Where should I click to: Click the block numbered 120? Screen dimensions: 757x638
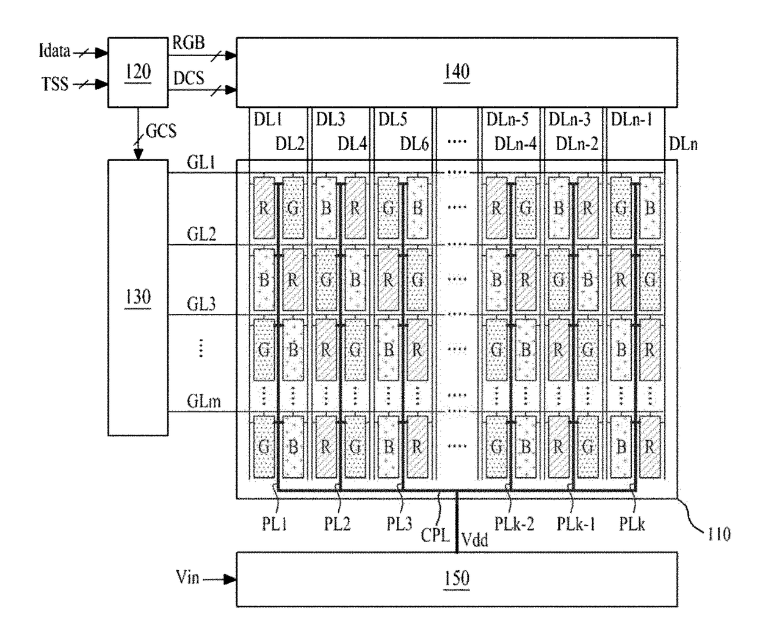coord(138,72)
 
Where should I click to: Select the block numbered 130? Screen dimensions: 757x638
coord(138,297)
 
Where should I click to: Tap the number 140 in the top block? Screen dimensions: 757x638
coord(457,71)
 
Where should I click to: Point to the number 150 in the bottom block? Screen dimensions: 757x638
coord(457,578)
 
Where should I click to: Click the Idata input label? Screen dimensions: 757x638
coord(54,51)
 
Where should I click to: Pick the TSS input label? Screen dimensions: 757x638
coord(55,84)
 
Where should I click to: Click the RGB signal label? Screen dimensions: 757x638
coord(189,43)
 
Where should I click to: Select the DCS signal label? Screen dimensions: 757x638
coord(189,78)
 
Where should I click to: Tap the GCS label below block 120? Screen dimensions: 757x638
coord(161,131)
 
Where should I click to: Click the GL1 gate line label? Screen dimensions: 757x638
coord(201,162)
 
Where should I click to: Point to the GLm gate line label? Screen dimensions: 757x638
coord(204,401)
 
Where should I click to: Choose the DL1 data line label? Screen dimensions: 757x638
coord(268,119)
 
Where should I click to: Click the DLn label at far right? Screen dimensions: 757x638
coord(683,144)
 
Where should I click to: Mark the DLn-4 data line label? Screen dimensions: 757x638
coord(515,144)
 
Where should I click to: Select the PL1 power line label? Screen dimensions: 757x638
coord(275,524)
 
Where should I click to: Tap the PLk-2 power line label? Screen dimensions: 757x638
coord(514,524)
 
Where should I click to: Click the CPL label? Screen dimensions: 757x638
coord(435,535)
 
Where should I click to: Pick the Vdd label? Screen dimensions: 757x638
coord(475,540)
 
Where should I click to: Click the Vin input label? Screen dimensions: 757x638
coord(187,577)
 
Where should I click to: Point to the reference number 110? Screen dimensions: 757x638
coord(719,534)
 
